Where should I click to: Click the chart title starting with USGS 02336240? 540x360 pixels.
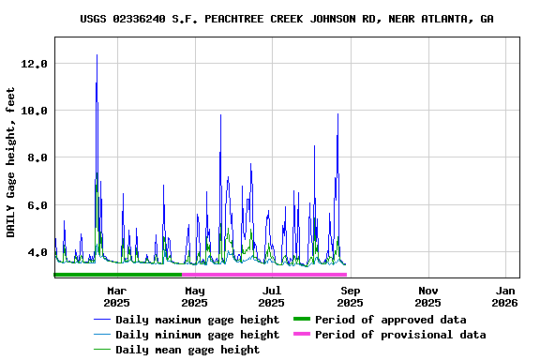pyautogui.click(x=287, y=19)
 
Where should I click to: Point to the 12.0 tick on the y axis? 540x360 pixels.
pyautogui.click(x=34, y=64)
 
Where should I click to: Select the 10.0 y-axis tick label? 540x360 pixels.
pyautogui.click(x=34, y=111)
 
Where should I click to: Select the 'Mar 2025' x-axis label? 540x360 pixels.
pyautogui.click(x=117, y=297)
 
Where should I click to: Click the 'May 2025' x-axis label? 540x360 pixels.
pyautogui.click(x=195, y=297)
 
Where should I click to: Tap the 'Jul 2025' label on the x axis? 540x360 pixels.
pyautogui.click(x=272, y=297)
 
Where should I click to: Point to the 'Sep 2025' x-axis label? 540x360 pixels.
pyautogui.click(x=350, y=297)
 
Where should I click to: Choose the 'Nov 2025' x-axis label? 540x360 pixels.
pyautogui.click(x=427, y=297)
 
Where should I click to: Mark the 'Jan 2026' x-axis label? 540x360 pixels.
pyautogui.click(x=505, y=297)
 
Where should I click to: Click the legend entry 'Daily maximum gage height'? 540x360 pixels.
pyautogui.click(x=197, y=320)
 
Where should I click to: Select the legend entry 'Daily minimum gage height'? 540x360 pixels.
pyautogui.click(x=197, y=335)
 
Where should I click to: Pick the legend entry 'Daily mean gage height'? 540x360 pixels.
pyautogui.click(x=187, y=350)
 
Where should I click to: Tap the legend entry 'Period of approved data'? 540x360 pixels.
pyautogui.click(x=390, y=320)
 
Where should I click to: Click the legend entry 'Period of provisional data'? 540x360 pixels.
pyautogui.click(x=400, y=335)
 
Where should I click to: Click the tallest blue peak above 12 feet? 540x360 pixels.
pyautogui.click(x=97, y=55)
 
